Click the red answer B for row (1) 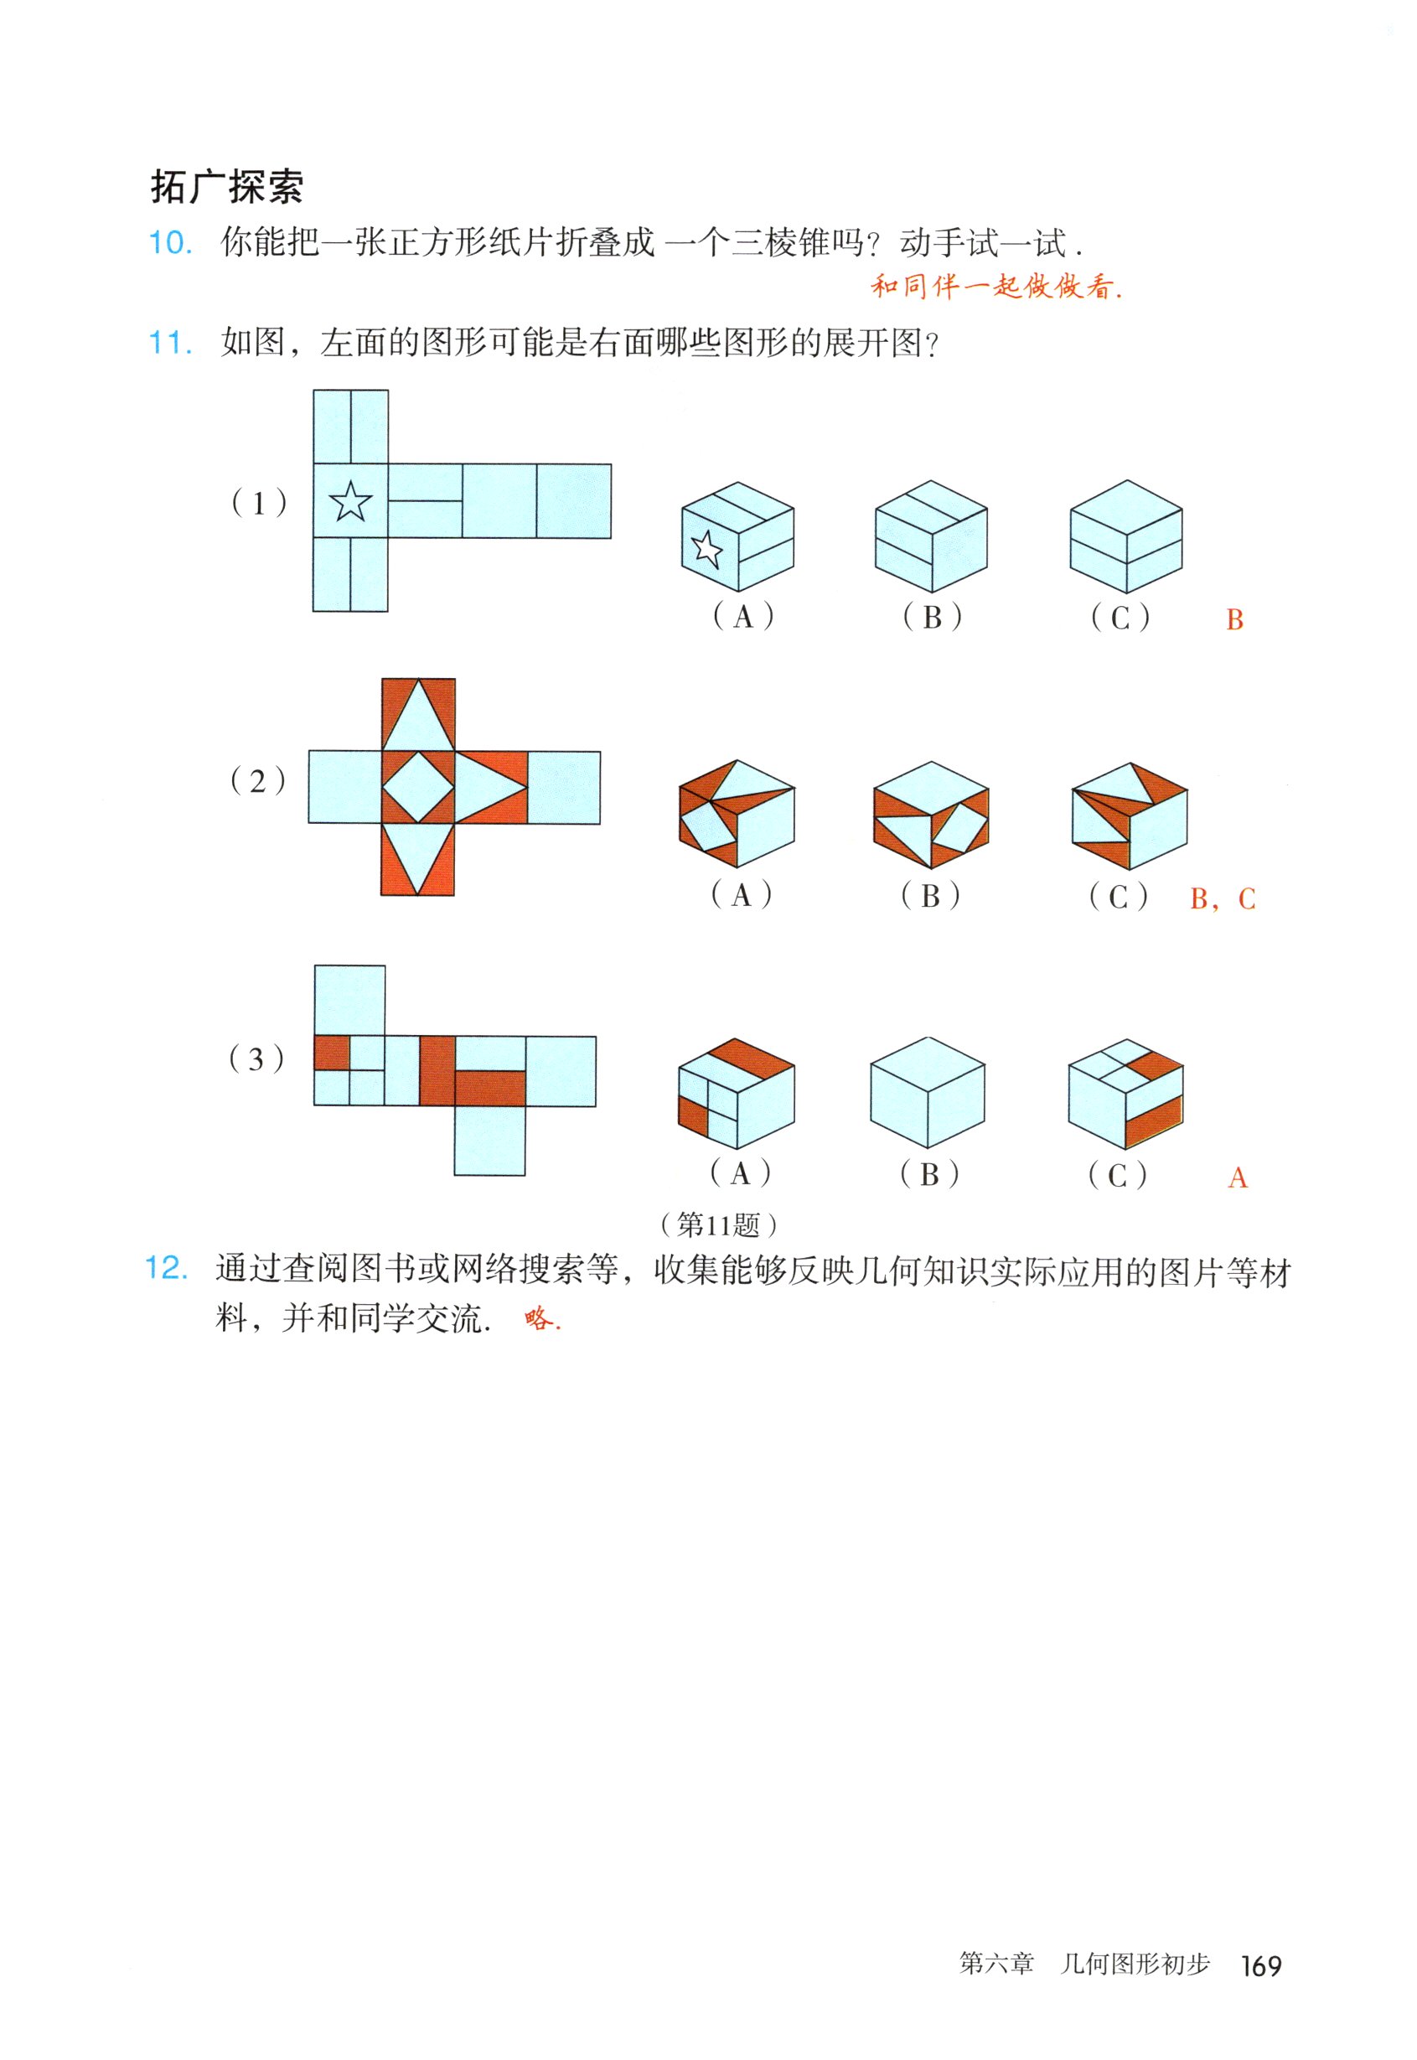tap(1234, 620)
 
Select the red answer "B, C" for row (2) tap(1223, 898)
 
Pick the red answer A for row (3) tap(1238, 1178)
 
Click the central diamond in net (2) tap(417, 788)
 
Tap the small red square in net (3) tap(331, 1053)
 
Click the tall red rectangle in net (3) tap(437, 1070)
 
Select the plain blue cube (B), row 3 tap(928, 1092)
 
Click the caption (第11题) tap(719, 1225)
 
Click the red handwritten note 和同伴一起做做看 tap(996, 286)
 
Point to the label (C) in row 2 tap(1118, 896)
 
